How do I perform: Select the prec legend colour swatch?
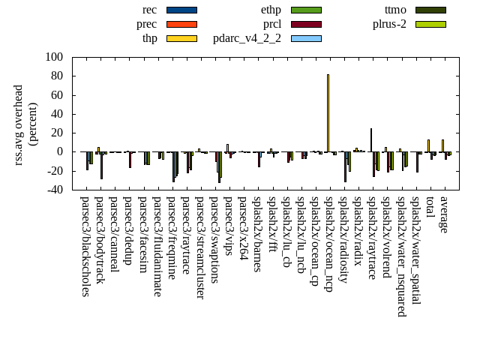[181, 24]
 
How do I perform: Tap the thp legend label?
[150, 38]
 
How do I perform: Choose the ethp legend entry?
[271, 10]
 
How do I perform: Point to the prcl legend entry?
[271, 24]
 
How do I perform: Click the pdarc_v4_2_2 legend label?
[247, 38]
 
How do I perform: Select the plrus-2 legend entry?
[390, 24]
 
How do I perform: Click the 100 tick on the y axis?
[54, 57]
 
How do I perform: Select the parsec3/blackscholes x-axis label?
[85, 246]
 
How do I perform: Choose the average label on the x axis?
[445, 214]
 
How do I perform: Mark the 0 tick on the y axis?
[63, 151]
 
